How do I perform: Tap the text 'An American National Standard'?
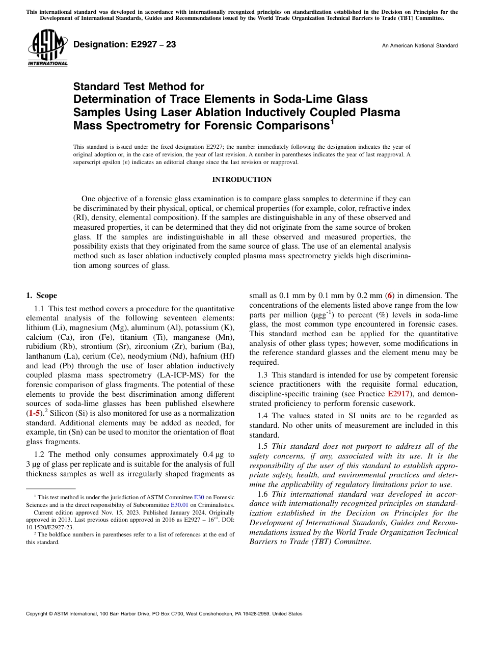[419, 46]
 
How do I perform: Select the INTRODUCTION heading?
[241, 179]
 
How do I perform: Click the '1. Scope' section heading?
[42, 295]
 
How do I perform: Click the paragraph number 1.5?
[263, 447]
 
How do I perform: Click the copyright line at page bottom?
[164, 614]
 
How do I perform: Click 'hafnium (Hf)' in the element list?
[215, 356]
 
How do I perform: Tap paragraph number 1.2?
[40, 454]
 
